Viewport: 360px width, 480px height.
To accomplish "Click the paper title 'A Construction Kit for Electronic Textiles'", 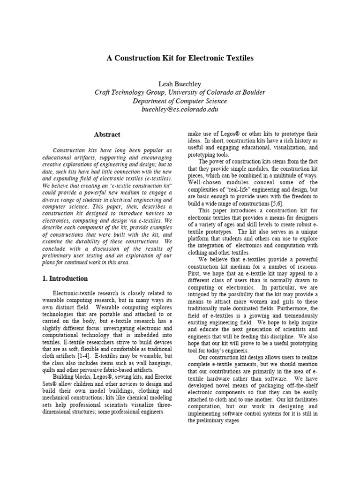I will click(180, 58).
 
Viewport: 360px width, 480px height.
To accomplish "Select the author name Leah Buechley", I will click(180, 84).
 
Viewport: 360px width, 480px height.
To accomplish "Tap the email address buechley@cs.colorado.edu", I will click(180, 109).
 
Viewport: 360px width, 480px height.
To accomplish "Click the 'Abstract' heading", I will click(107, 135).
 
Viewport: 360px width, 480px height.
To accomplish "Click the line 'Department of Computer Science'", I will click(180, 101).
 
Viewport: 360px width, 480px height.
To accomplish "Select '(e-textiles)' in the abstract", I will click(157, 179).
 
